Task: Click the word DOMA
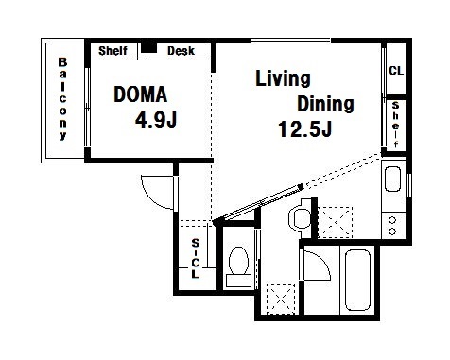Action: pyautogui.click(x=140, y=94)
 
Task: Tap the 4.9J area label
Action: pyautogui.click(x=156, y=120)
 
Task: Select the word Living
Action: pyautogui.click(x=283, y=78)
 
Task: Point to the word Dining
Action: pyautogui.click(x=325, y=104)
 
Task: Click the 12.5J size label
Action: pyautogui.click(x=304, y=129)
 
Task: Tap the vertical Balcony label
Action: pyautogui.click(x=62, y=98)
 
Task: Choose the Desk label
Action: pyautogui.click(x=181, y=51)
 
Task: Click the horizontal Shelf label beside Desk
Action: pyautogui.click(x=112, y=51)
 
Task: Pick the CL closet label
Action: pyautogui.click(x=396, y=71)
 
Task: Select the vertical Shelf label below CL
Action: pyautogui.click(x=396, y=125)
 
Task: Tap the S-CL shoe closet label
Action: pyautogui.click(x=196, y=258)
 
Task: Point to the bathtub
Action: pyautogui.click(x=357, y=280)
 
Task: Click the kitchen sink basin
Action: pyautogui.click(x=392, y=179)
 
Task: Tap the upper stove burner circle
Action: pyautogui.click(x=392, y=220)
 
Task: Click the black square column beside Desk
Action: pyautogui.click(x=148, y=48)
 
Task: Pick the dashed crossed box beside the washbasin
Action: pyautogui.click(x=335, y=222)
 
